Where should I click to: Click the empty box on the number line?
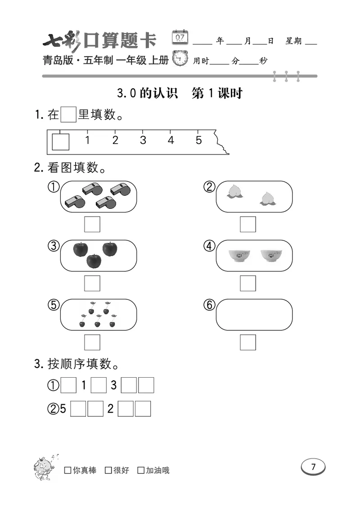[x=60, y=141]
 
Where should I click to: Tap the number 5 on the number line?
[x=198, y=140]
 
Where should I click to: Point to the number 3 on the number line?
[x=143, y=140]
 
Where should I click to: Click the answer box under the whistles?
[x=92, y=224]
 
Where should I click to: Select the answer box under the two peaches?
[x=247, y=224]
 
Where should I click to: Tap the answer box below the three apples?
[x=92, y=283]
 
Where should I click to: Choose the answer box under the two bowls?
[x=247, y=283]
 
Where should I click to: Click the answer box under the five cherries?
[x=92, y=342]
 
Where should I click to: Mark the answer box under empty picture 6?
[x=247, y=342]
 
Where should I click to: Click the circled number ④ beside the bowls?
[x=209, y=246]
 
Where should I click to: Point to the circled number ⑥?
[x=209, y=305]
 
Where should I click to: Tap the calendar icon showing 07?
[x=180, y=37]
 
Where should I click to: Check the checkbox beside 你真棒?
[x=67, y=470]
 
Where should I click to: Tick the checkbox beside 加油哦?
[x=141, y=470]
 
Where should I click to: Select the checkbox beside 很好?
[x=108, y=470]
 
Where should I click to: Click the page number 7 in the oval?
[x=313, y=467]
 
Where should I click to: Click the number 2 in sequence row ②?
[x=110, y=409]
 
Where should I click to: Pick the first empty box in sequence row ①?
[x=68, y=386]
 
